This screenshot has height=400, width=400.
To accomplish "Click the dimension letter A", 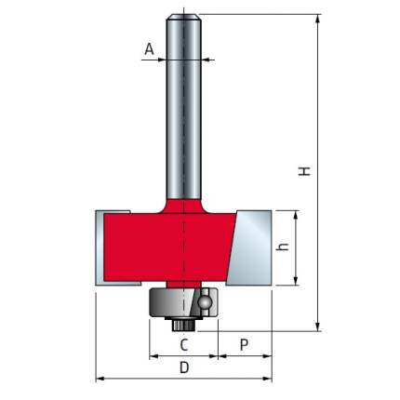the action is [x=149, y=49].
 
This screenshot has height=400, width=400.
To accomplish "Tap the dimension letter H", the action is [x=304, y=171].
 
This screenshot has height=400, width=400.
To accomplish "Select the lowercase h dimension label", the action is [x=283, y=247].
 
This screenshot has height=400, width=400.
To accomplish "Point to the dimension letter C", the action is [x=184, y=345].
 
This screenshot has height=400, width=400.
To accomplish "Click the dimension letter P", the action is [x=245, y=345].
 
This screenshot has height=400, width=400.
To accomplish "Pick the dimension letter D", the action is [x=184, y=367].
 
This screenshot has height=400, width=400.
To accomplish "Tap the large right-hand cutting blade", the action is [x=250, y=248].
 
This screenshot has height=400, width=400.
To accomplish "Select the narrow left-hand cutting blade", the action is [x=100, y=248].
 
